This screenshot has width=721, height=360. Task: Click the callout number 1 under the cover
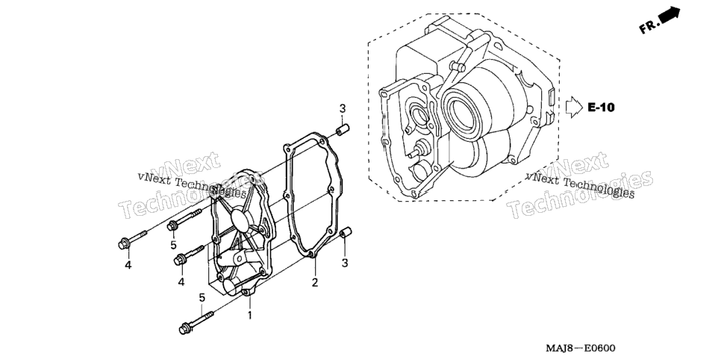click(250, 316)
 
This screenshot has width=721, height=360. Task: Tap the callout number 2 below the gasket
click(315, 282)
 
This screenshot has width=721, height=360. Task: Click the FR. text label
click(649, 27)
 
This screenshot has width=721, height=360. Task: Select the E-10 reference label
click(601, 108)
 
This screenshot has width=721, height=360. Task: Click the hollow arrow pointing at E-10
click(574, 108)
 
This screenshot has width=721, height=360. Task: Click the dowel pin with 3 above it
click(343, 130)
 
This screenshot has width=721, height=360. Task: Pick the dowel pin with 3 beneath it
click(346, 233)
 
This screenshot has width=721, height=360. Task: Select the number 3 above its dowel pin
click(343, 109)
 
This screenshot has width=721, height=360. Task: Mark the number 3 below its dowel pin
click(345, 264)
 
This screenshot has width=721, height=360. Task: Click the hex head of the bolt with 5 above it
click(185, 329)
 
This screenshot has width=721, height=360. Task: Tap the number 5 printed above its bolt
click(202, 298)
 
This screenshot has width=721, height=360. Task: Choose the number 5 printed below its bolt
click(173, 246)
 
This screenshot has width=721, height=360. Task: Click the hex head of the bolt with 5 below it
click(173, 226)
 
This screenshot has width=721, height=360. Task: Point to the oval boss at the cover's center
click(243, 220)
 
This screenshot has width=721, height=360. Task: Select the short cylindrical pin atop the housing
click(457, 66)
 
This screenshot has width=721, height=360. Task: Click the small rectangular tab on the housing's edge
click(552, 93)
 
